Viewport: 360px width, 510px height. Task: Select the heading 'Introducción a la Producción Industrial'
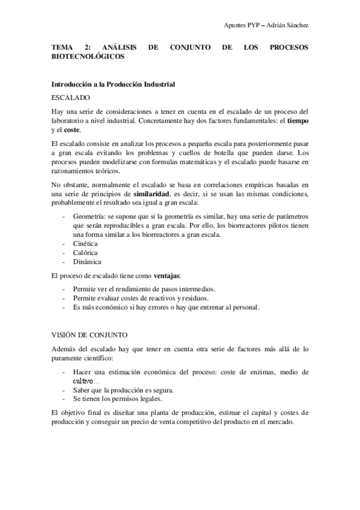[x=113, y=84]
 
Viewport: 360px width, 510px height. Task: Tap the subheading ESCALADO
[x=71, y=97]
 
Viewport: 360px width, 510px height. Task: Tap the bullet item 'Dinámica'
[x=88, y=262]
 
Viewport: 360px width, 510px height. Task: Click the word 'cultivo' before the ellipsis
[x=82, y=381]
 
